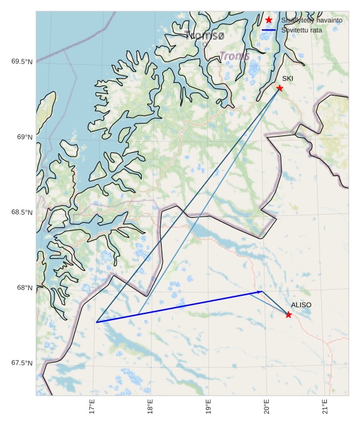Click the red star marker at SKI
(x=280, y=88)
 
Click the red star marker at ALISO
(x=288, y=315)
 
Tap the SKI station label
(x=287, y=79)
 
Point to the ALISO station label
(x=301, y=305)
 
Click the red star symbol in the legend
(x=269, y=20)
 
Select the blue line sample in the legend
(x=269, y=30)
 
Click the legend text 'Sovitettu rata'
(x=301, y=30)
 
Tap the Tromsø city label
(x=204, y=36)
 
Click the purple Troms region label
(x=235, y=56)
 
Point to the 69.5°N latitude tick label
(x=22, y=61)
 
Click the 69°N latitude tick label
(x=24, y=137)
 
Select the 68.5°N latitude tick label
(x=22, y=212)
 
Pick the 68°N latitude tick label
(x=24, y=288)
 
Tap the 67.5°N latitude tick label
(x=22, y=363)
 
